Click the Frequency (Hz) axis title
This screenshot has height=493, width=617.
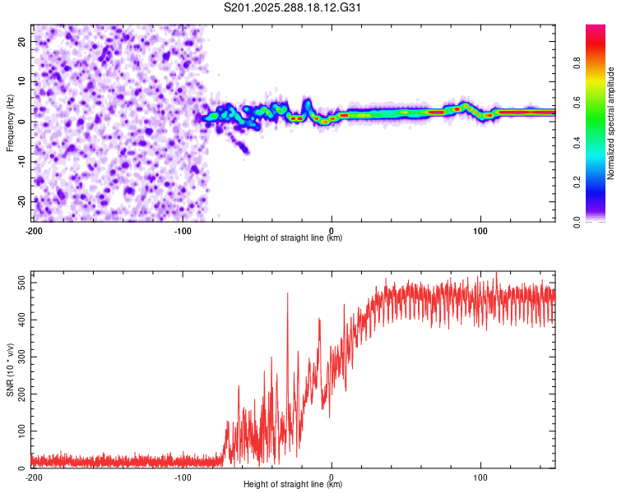point(11,122)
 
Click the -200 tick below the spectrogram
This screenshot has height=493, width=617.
point(33,229)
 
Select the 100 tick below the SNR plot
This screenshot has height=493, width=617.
point(481,477)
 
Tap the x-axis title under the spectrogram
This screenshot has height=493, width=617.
point(294,238)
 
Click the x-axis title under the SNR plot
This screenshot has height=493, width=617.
point(294,485)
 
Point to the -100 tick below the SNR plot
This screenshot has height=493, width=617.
point(183,477)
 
